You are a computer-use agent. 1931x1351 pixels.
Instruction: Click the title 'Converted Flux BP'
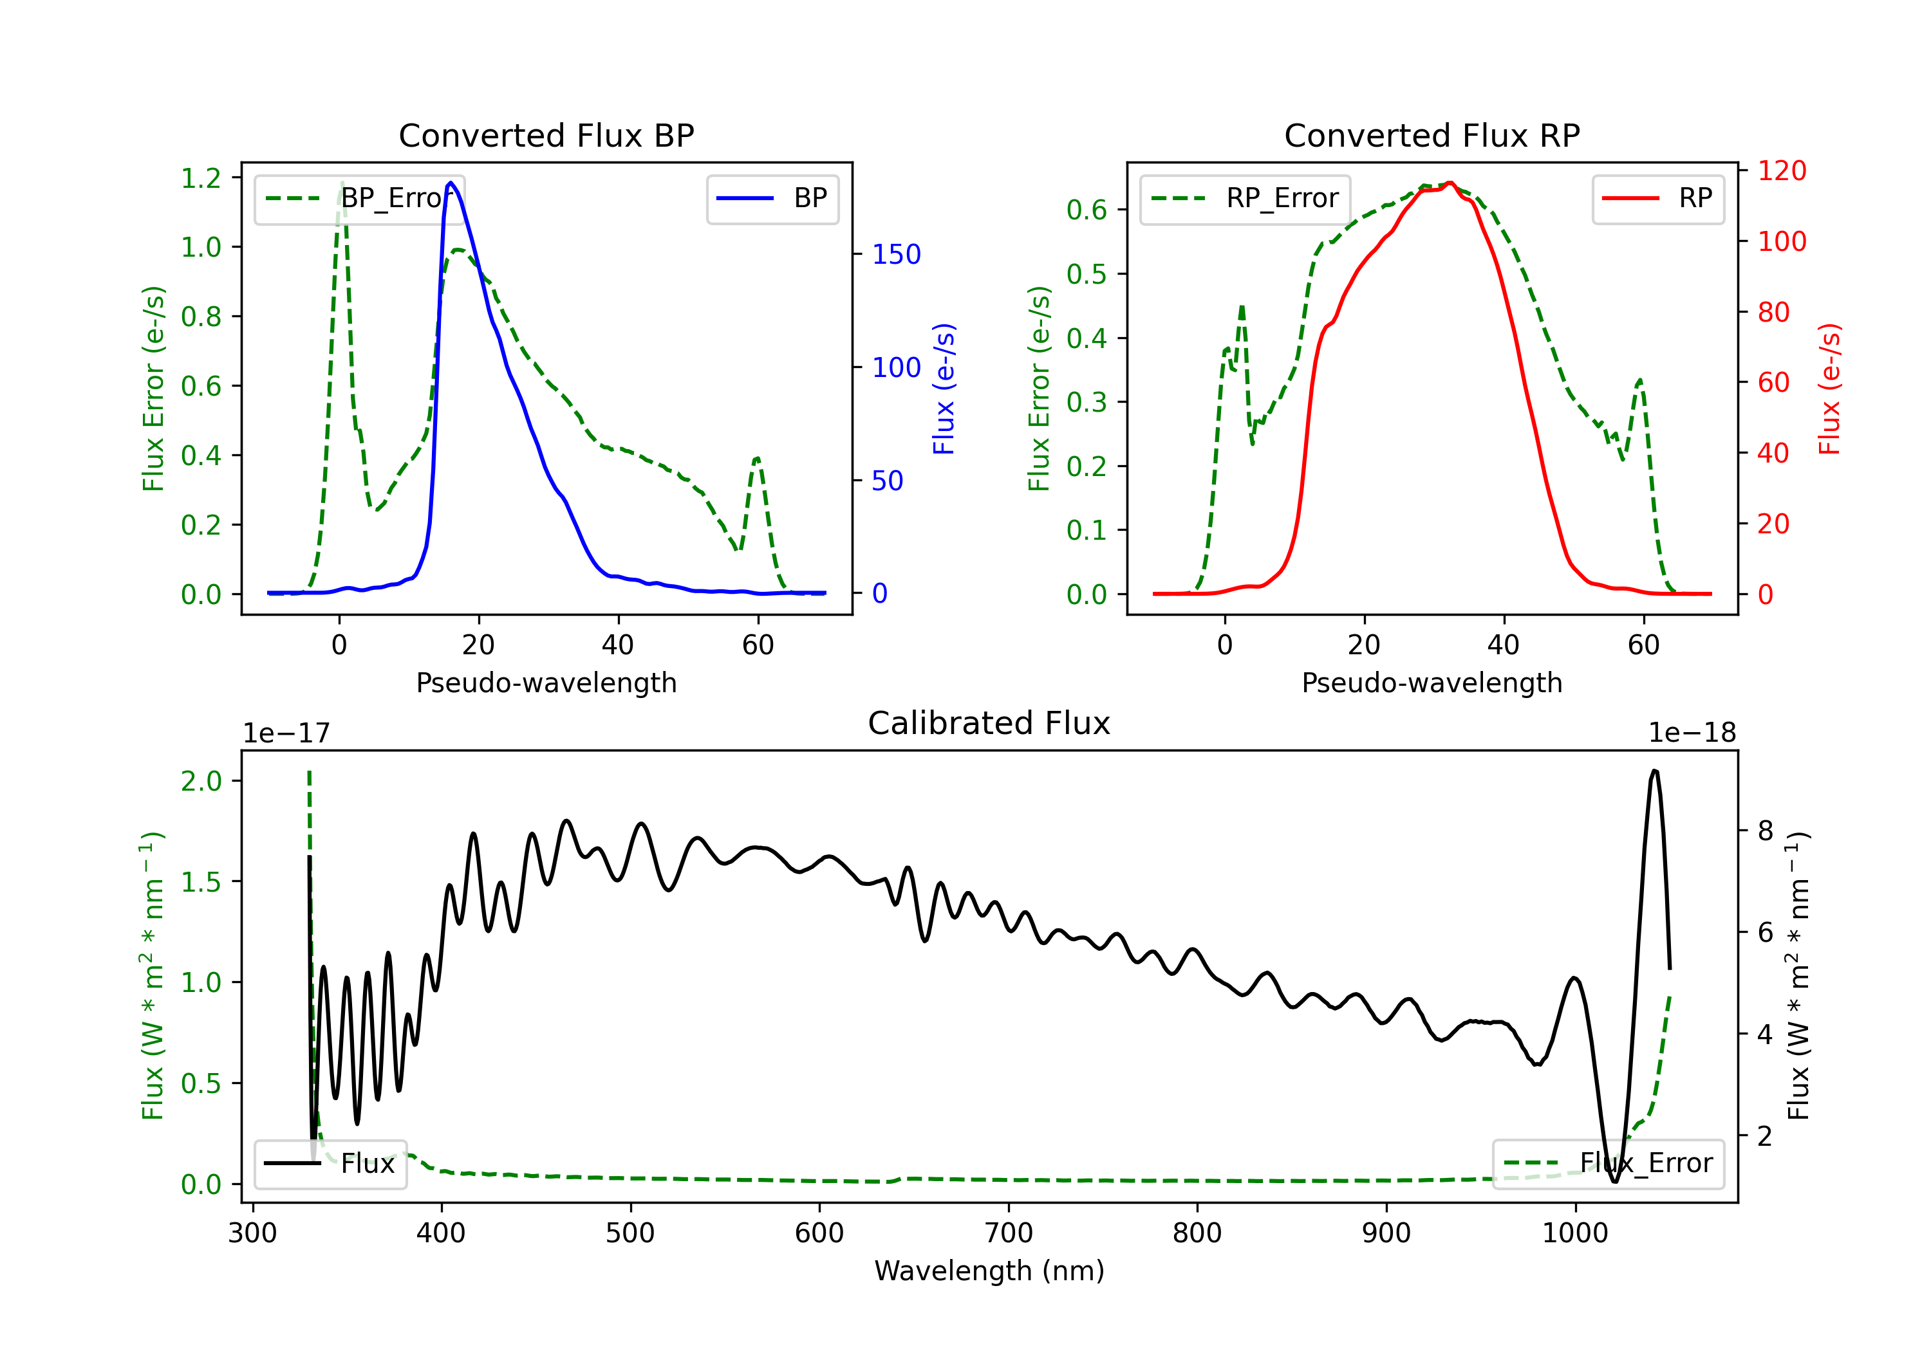pos(546,135)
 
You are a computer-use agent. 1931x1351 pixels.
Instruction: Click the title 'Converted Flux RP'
pos(1432,135)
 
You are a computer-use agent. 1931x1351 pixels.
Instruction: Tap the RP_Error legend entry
pos(1245,198)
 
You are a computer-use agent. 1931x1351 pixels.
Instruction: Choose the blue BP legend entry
pos(772,198)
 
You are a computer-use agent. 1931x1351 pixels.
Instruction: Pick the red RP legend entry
pos(1657,198)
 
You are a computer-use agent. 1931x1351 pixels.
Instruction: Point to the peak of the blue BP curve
pos(451,183)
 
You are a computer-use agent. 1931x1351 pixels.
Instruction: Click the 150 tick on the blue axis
pos(896,254)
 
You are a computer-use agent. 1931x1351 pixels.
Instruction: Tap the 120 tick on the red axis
pos(1781,170)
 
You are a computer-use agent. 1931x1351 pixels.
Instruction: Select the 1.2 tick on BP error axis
pos(201,178)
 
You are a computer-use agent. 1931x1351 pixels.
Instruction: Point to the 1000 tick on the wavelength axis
pos(1574,1233)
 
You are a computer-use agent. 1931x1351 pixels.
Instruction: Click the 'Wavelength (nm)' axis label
pos(989,1271)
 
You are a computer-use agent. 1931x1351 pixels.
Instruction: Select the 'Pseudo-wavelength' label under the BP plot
pos(546,683)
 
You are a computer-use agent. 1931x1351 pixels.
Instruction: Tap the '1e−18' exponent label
pos(1692,733)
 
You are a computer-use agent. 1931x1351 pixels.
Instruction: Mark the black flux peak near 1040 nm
pos(1654,770)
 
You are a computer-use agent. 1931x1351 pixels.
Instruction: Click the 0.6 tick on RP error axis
pos(1087,209)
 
